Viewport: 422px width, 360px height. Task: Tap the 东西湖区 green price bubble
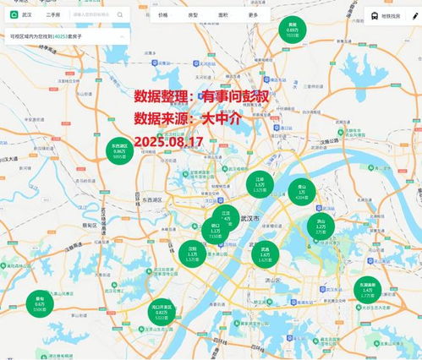tap(118, 151)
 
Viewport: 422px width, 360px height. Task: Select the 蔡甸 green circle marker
tap(40, 303)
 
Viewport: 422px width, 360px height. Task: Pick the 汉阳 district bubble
tap(193, 252)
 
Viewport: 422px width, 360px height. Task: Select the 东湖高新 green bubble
tap(366, 289)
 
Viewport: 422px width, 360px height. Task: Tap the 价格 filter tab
tap(162, 15)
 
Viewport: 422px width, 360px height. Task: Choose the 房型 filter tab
tap(192, 15)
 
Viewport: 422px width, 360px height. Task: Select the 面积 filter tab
tap(222, 15)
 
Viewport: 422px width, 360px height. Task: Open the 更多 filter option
tap(253, 15)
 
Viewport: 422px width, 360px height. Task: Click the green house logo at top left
tap(13, 15)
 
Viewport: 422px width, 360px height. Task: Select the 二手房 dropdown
tap(53, 15)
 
